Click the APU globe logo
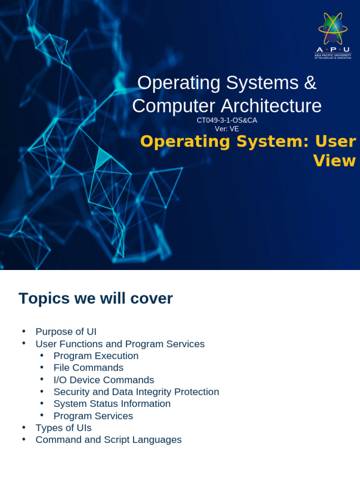(x=333, y=30)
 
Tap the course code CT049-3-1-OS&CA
(x=227, y=120)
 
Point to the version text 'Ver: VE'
(x=227, y=129)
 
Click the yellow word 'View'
(x=334, y=161)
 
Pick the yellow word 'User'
(x=336, y=141)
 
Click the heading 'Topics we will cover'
(x=96, y=299)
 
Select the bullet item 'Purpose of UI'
(x=66, y=332)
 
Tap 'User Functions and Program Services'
(x=120, y=344)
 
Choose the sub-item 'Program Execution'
(x=96, y=356)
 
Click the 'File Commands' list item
(x=89, y=368)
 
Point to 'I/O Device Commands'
(x=104, y=380)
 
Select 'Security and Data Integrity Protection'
(x=136, y=392)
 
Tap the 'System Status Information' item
(x=112, y=404)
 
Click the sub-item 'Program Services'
(x=93, y=416)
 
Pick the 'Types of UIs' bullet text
(x=64, y=428)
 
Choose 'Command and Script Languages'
(x=109, y=440)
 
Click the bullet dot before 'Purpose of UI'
(x=24, y=331)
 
